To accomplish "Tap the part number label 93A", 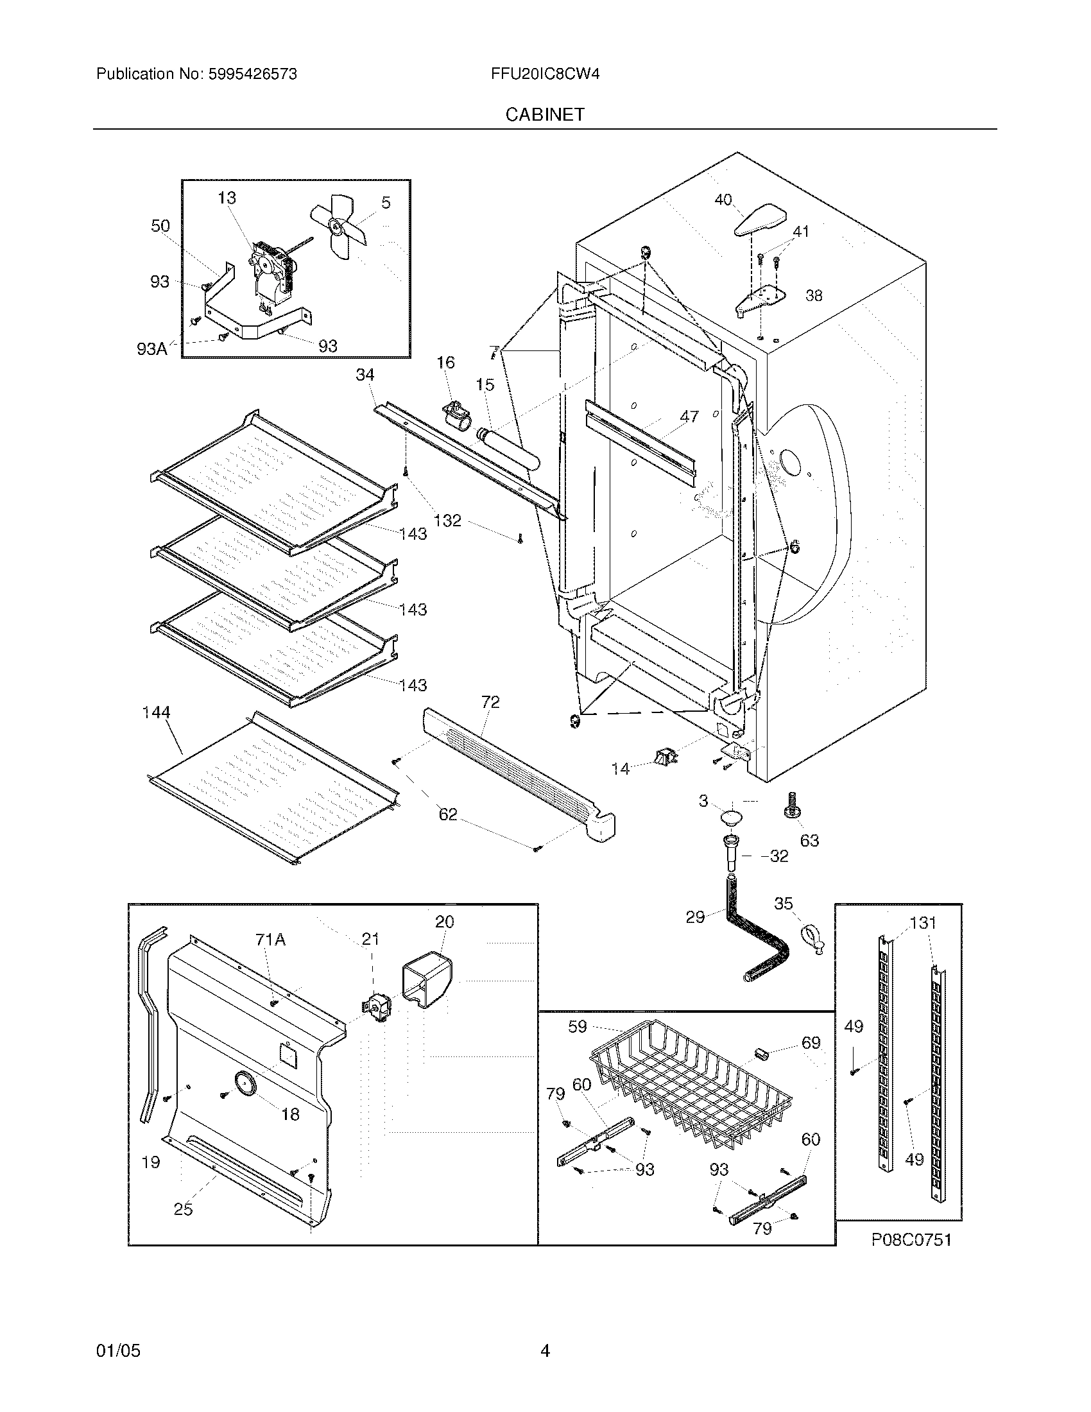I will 151,350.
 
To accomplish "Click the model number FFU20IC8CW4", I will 545,74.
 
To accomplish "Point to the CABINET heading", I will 545,114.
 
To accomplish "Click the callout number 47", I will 690,417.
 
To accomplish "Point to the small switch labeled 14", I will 666,755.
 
